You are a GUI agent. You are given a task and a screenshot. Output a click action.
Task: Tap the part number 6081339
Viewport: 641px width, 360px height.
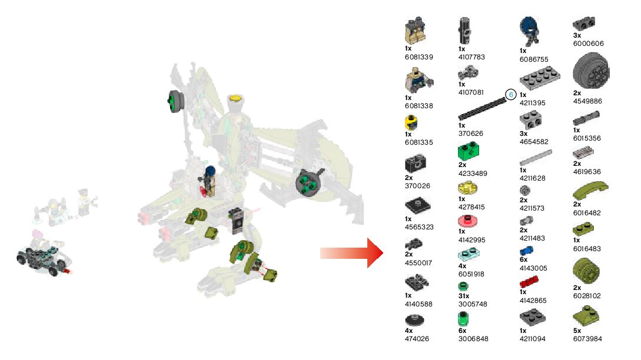(419, 57)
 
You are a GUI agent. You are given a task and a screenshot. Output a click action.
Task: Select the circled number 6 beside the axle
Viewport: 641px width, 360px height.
(510, 94)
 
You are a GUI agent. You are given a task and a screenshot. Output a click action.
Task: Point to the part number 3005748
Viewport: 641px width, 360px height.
(473, 304)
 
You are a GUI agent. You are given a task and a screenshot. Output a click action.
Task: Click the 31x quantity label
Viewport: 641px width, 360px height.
(464, 296)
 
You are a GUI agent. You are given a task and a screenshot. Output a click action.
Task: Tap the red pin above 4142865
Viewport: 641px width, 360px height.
(530, 281)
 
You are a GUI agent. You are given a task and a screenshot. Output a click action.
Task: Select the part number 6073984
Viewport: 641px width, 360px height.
(587, 338)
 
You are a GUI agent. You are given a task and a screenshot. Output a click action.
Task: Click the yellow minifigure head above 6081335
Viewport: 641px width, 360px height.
(411, 123)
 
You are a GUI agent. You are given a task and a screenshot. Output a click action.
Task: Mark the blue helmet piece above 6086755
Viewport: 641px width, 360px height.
(529, 26)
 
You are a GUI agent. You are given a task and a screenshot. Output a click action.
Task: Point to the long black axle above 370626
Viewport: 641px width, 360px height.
(483, 110)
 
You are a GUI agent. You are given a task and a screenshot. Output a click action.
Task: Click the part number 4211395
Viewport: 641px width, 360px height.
(532, 103)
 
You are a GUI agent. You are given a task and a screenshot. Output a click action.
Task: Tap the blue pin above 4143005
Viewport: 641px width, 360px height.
(526, 251)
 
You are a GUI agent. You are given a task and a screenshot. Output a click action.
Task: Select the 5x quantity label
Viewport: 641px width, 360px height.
(577, 331)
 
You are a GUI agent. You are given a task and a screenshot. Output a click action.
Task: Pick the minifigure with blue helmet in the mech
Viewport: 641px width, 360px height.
(211, 179)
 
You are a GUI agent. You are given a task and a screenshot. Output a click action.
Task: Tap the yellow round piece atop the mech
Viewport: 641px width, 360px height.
(236, 99)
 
